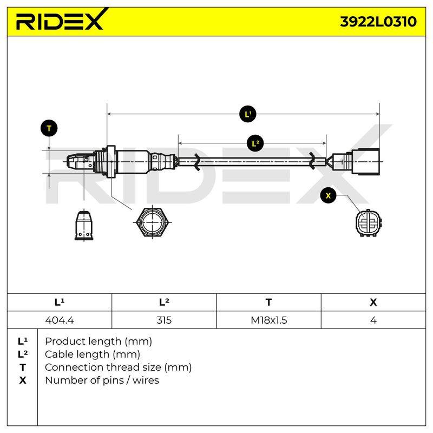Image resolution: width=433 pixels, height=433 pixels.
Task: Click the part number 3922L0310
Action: [x=378, y=22]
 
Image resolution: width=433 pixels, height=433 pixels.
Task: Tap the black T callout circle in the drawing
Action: [x=49, y=128]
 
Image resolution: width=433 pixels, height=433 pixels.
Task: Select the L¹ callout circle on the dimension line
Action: [x=248, y=114]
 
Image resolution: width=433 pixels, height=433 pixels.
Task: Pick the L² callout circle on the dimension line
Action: [x=255, y=143]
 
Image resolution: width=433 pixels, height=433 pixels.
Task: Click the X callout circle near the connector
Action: [x=328, y=195]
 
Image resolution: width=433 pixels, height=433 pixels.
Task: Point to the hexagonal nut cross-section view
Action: [x=153, y=221]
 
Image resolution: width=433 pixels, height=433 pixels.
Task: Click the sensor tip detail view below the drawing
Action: [x=84, y=226]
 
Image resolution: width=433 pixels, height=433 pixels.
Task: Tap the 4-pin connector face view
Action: [x=369, y=223]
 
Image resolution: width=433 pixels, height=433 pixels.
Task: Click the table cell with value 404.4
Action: [x=60, y=320]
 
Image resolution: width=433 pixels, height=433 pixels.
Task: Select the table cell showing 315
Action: [x=164, y=320]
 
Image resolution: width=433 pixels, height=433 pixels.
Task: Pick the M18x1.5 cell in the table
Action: [x=268, y=320]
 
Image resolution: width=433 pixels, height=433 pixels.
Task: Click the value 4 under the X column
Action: [x=373, y=320]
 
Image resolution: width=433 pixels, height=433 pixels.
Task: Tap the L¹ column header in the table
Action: [x=60, y=302]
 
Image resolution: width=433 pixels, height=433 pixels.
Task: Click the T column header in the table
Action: [x=268, y=302]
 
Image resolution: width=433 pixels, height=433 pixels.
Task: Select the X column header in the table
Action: [x=373, y=302]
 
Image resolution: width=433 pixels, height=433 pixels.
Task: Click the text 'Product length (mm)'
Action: [x=99, y=342]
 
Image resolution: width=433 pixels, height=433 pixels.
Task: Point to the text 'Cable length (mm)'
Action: [x=93, y=355]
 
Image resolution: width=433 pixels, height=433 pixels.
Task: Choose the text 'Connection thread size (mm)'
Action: [x=118, y=368]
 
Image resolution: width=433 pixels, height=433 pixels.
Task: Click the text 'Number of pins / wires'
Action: [x=102, y=380]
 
